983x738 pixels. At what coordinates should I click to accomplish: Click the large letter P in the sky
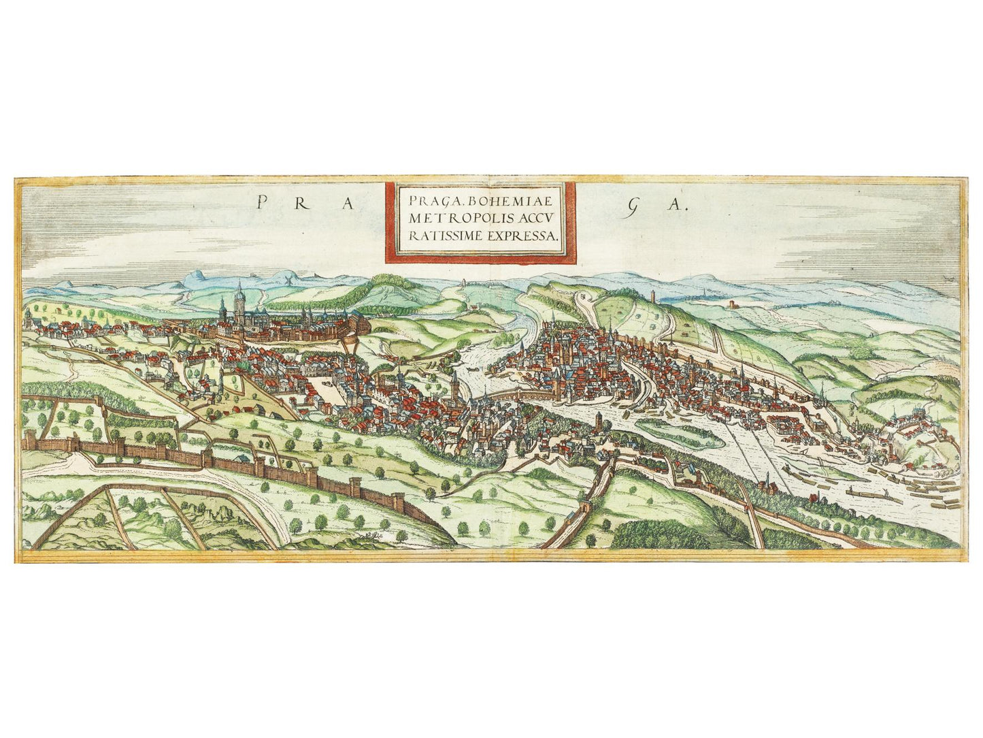point(262,202)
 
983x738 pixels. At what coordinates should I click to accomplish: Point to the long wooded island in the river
point(680,432)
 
